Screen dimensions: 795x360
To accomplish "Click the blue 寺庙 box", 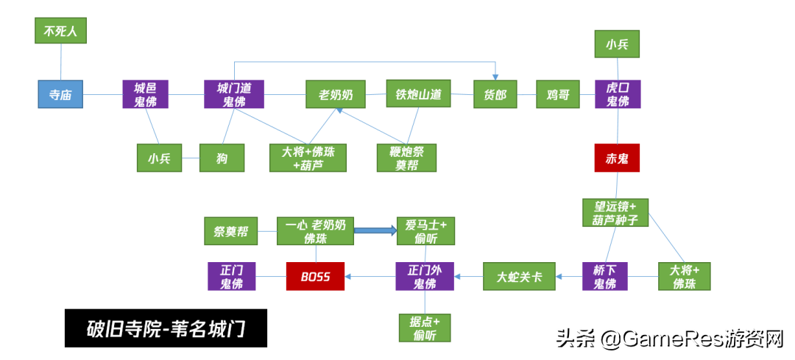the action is coord(60,93).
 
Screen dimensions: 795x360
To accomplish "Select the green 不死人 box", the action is coord(61,30).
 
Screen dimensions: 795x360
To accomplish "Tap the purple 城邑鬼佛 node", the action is coord(146,93).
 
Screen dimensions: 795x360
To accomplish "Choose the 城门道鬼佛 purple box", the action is coord(234,93).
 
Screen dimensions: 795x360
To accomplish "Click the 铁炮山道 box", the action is coord(418,93).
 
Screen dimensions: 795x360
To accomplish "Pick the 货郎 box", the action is coord(495,93).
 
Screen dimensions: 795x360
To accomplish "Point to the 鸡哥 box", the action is coord(558,93).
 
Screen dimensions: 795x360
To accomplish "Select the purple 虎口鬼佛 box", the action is coord(618,93).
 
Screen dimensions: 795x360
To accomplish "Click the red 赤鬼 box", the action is coord(617,158).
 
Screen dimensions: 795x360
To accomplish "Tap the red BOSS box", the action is coord(315,276).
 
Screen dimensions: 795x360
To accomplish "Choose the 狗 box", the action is coord(222,158).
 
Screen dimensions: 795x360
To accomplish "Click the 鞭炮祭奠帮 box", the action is coord(406,158).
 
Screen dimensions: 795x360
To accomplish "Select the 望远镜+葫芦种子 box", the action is coord(615,213).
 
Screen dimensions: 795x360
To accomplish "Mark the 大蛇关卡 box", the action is coord(519,276).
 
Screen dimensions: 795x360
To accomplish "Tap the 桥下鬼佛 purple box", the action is coord(605,276).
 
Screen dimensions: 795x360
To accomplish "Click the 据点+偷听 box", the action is coord(425,328).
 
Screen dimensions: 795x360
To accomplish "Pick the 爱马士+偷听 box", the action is coord(426,231).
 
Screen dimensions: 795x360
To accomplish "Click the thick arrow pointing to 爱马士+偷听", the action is coord(375,230).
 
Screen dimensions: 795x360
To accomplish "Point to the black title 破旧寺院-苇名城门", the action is coord(166,328).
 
